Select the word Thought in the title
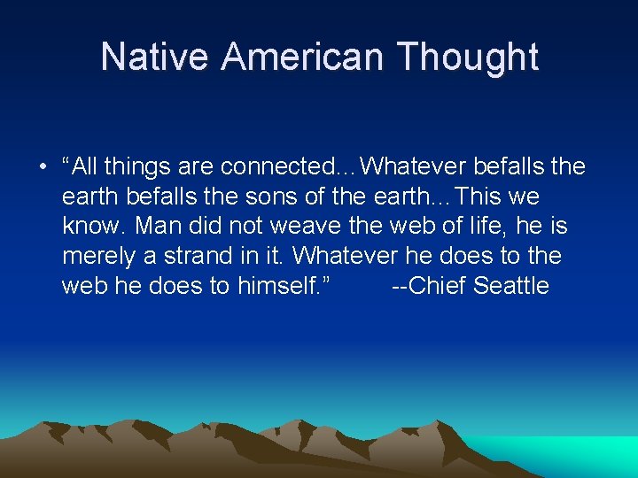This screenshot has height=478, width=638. pyautogui.click(x=467, y=57)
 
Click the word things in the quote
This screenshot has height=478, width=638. pyautogui.click(x=137, y=166)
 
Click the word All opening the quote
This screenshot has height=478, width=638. pyautogui.click(x=87, y=166)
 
